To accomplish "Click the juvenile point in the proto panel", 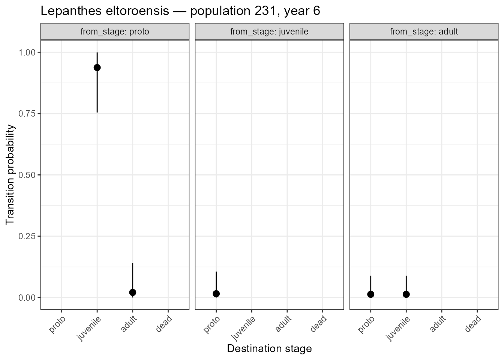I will coord(97,67).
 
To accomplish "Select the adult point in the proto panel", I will coord(132,292).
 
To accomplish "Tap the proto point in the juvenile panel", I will coord(216,294).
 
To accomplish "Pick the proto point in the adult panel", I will coord(370,294).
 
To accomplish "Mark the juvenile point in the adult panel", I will coord(406,294).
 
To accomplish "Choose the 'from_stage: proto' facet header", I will coord(115,32).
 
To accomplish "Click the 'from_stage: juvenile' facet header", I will coord(269,32).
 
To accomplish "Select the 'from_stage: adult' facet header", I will coord(424,32).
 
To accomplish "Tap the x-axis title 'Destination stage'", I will coord(269,349).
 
